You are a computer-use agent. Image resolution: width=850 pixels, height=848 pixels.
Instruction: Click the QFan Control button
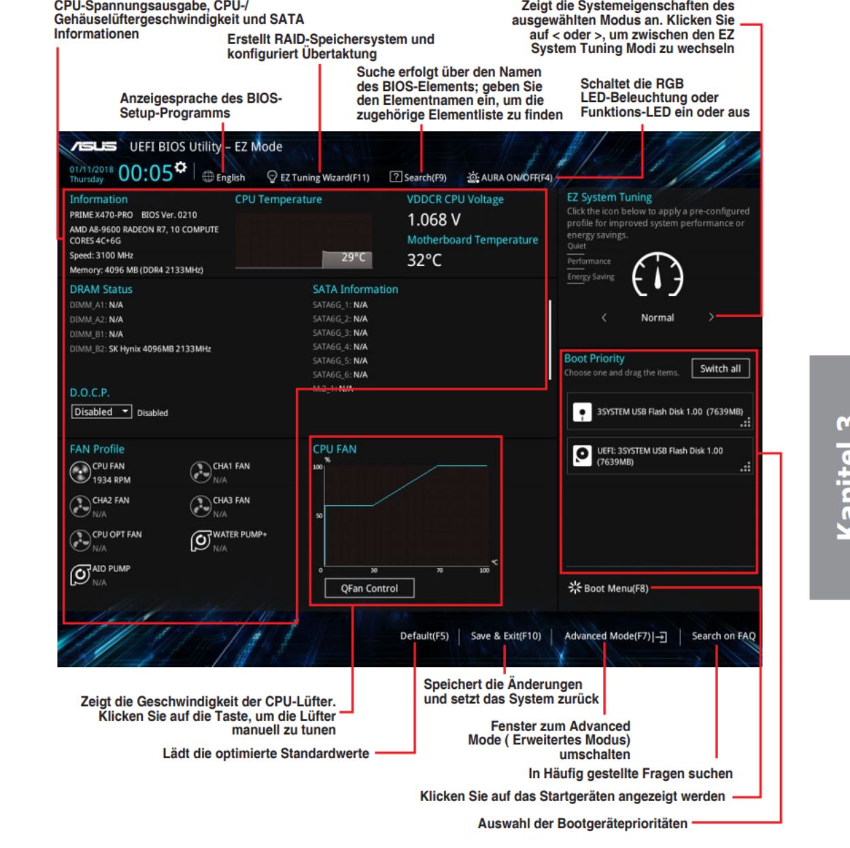[369, 588]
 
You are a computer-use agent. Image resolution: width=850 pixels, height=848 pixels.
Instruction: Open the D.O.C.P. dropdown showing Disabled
[101, 411]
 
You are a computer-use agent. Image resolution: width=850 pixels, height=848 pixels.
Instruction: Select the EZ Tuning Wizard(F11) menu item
[319, 177]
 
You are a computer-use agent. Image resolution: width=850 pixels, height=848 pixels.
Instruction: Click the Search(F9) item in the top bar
[418, 177]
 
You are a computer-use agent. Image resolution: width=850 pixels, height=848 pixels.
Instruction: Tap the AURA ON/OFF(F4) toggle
[510, 177]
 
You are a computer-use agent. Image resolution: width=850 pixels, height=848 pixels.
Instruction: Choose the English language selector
[224, 177]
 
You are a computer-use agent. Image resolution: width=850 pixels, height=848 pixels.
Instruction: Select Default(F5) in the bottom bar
[424, 636]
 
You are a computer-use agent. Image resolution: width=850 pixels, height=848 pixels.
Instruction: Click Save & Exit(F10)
[505, 636]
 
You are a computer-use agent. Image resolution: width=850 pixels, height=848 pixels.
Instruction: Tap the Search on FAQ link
[724, 636]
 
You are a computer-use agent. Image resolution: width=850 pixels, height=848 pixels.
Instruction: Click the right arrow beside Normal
[711, 317]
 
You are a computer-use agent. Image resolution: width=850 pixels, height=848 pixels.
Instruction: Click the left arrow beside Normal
[604, 317]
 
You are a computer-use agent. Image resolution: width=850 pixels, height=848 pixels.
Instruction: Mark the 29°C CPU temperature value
[353, 257]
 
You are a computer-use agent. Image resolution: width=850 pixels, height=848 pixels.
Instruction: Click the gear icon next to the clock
[180, 167]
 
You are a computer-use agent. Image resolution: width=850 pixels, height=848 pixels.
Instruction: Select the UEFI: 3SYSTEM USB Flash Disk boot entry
[660, 456]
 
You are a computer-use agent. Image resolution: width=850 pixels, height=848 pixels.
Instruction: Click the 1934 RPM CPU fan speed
[112, 479]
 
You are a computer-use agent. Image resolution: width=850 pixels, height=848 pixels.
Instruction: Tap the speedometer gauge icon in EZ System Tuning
[658, 274]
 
